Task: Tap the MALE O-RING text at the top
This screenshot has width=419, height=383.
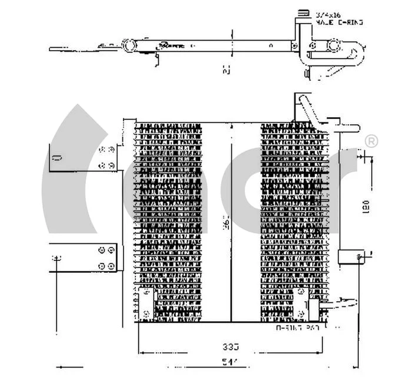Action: [x=339, y=22]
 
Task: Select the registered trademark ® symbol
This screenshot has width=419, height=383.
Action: [x=371, y=141]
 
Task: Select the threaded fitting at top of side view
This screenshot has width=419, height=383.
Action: [x=304, y=14]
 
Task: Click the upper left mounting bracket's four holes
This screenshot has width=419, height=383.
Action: [x=107, y=157]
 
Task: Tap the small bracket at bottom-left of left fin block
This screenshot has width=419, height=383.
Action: [x=147, y=301]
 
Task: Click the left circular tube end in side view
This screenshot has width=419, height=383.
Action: [x=128, y=45]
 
